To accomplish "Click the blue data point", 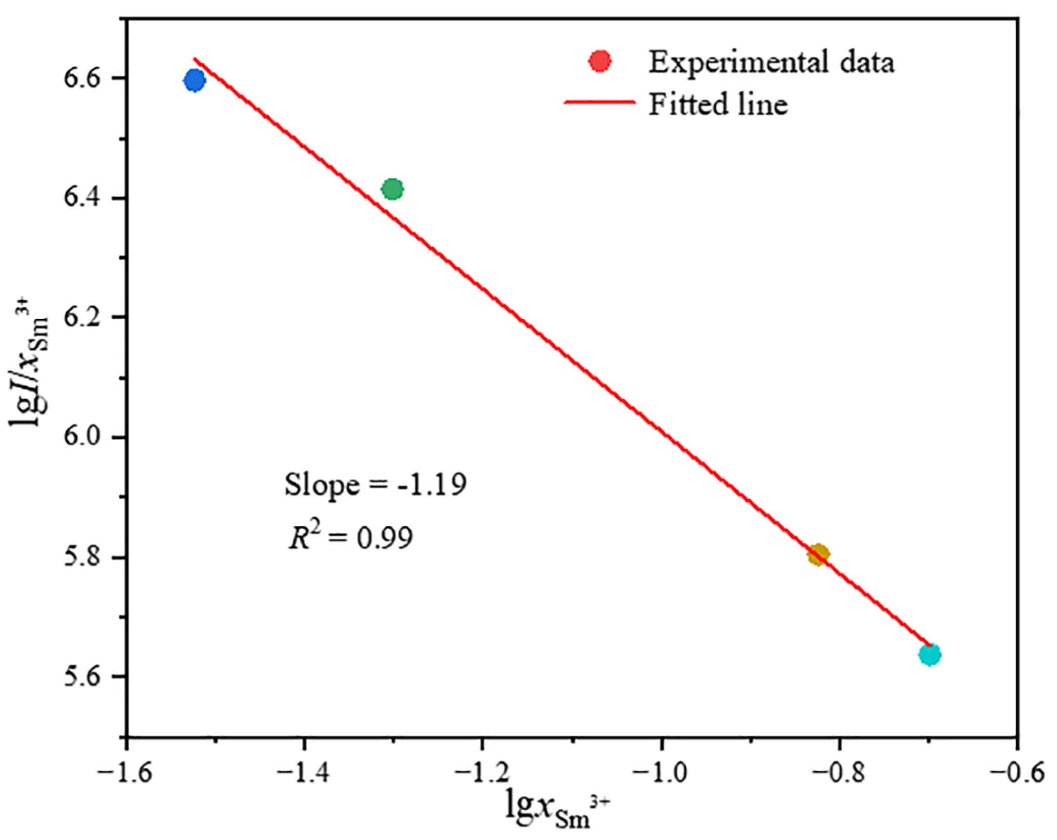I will point(195,80).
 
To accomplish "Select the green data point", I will point(393,190).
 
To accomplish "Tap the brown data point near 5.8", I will point(818,555).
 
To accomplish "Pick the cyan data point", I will point(930,655).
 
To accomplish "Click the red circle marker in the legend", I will point(600,62).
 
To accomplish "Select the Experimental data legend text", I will point(771,63).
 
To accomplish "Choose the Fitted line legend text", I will point(718,105).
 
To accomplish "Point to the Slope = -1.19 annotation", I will point(375,485).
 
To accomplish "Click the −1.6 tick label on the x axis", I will point(125,773).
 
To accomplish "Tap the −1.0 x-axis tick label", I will point(660,773).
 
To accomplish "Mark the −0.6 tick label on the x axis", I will point(1017,773).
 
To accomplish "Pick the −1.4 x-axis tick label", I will point(303,773).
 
